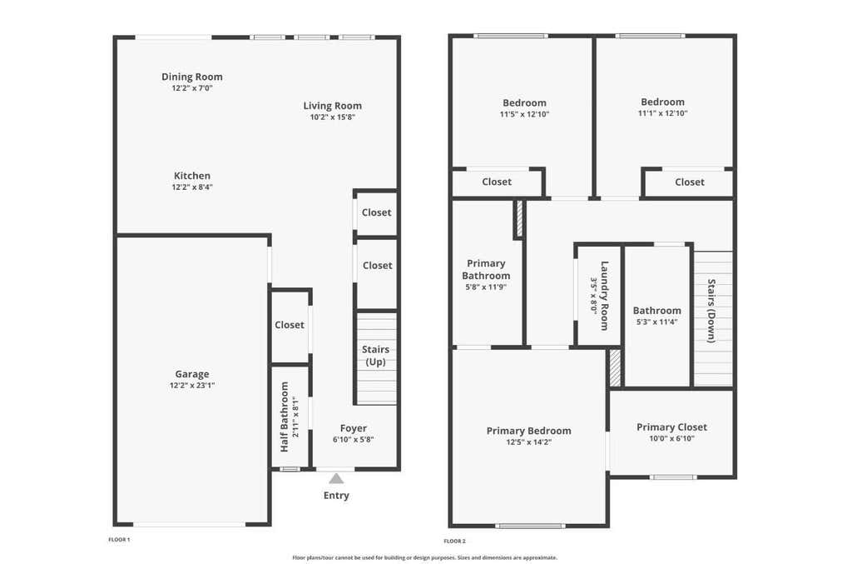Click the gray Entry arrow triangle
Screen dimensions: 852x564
click(x=336, y=479)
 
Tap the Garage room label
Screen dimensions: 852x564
click(x=192, y=374)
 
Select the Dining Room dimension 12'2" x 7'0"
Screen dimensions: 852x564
click(x=192, y=88)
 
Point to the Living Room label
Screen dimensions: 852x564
click(x=333, y=106)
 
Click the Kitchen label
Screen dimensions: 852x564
click(x=192, y=176)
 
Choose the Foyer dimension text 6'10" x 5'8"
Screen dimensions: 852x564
click(x=353, y=439)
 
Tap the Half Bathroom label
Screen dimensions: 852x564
click(x=285, y=417)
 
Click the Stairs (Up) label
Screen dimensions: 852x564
click(x=375, y=355)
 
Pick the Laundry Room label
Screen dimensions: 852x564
click(x=604, y=296)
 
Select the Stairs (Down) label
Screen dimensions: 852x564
click(x=711, y=311)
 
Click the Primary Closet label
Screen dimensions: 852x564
click(x=671, y=427)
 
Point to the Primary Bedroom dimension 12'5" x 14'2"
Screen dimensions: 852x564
click(x=528, y=442)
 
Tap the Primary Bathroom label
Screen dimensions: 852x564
click(x=486, y=269)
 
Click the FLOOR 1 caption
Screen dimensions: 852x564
click(x=119, y=540)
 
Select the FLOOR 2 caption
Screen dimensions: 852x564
click(x=455, y=542)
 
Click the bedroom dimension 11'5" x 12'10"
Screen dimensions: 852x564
click(x=524, y=114)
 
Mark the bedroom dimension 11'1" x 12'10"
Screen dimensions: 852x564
click(x=662, y=113)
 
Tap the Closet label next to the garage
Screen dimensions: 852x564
click(x=289, y=325)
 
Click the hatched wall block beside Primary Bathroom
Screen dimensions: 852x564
click(x=519, y=219)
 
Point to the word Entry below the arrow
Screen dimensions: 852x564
click(x=336, y=496)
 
